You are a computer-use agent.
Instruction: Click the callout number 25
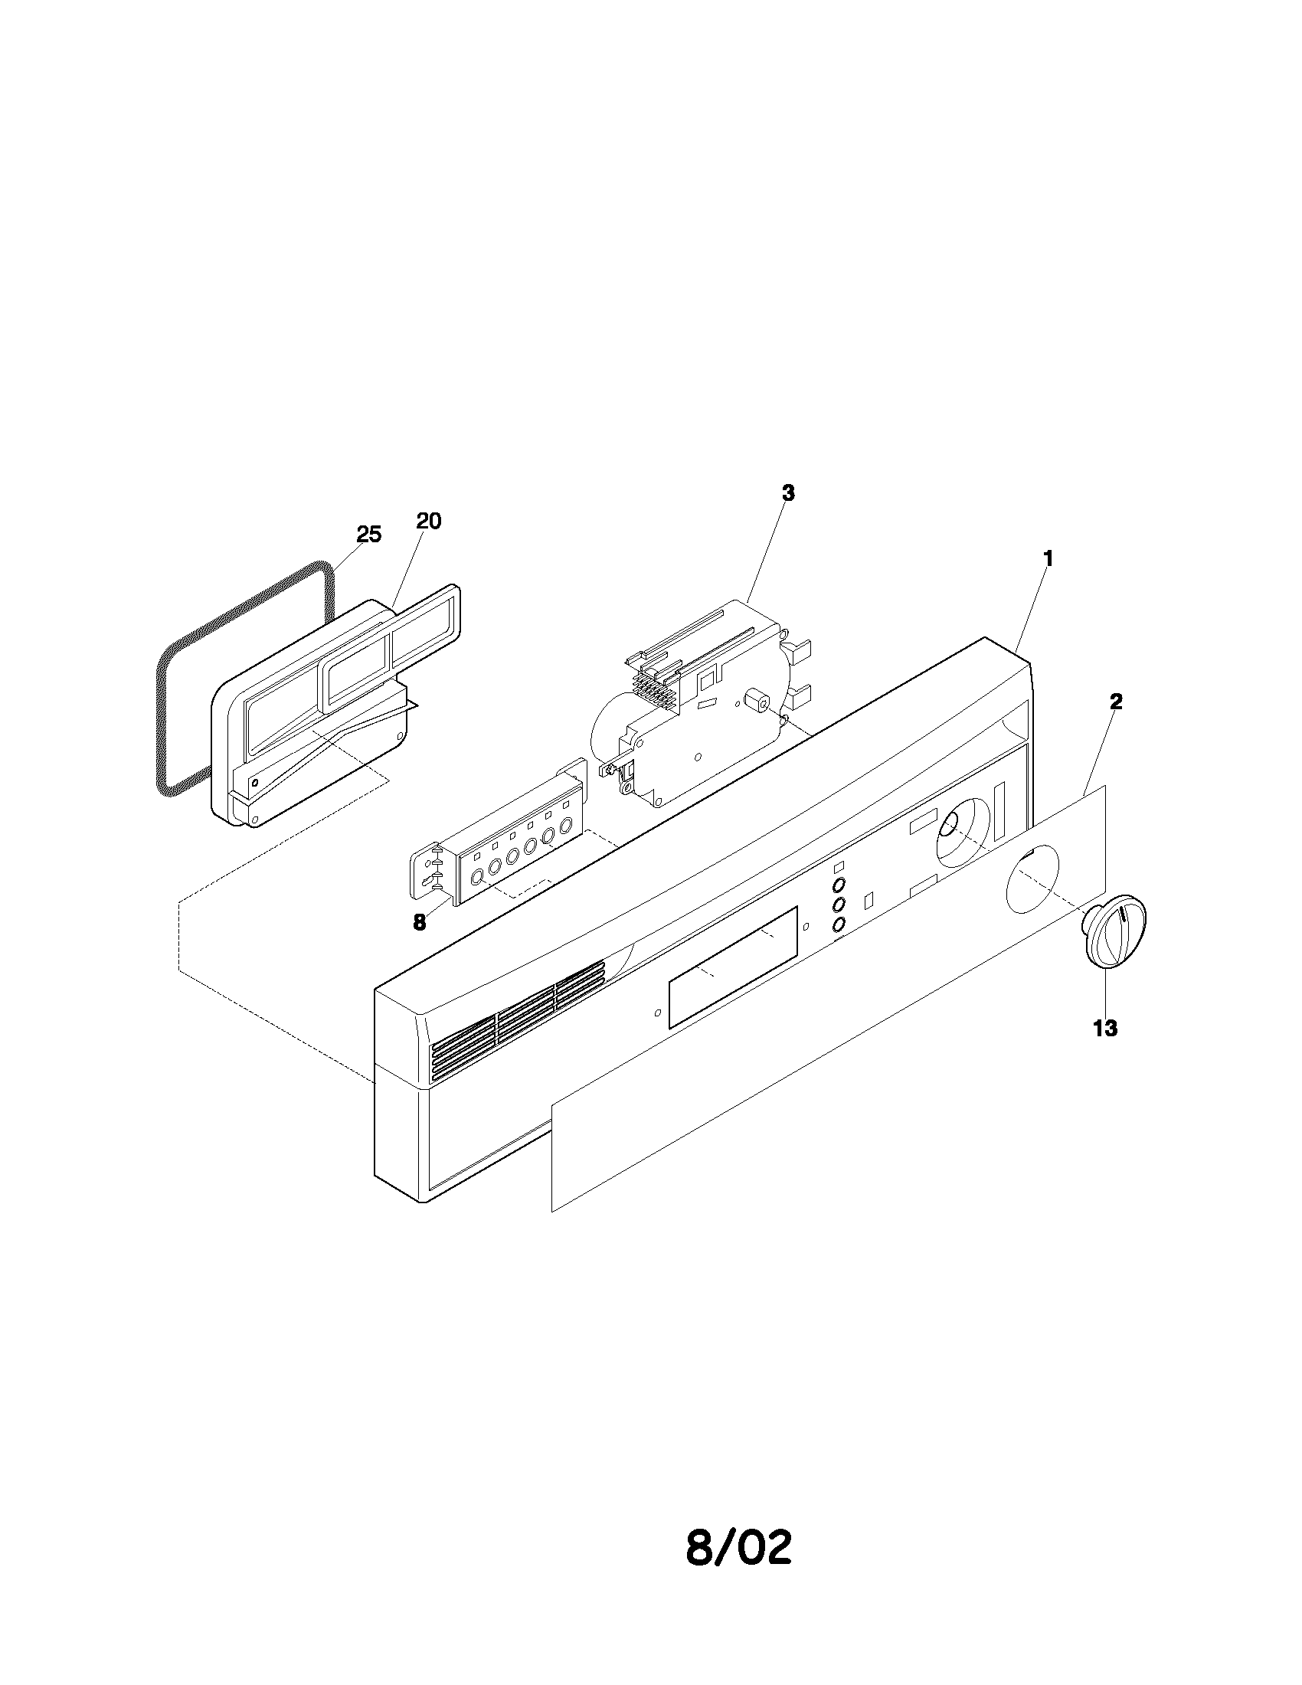coord(368,534)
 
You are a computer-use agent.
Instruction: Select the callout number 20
coord(428,521)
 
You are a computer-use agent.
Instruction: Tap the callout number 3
coord(787,493)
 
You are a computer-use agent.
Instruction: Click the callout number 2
coord(1115,702)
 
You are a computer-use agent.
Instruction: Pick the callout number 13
coord(1105,1028)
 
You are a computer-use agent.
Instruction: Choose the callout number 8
coord(419,922)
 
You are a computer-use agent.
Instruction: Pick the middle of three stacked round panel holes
coord(840,904)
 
